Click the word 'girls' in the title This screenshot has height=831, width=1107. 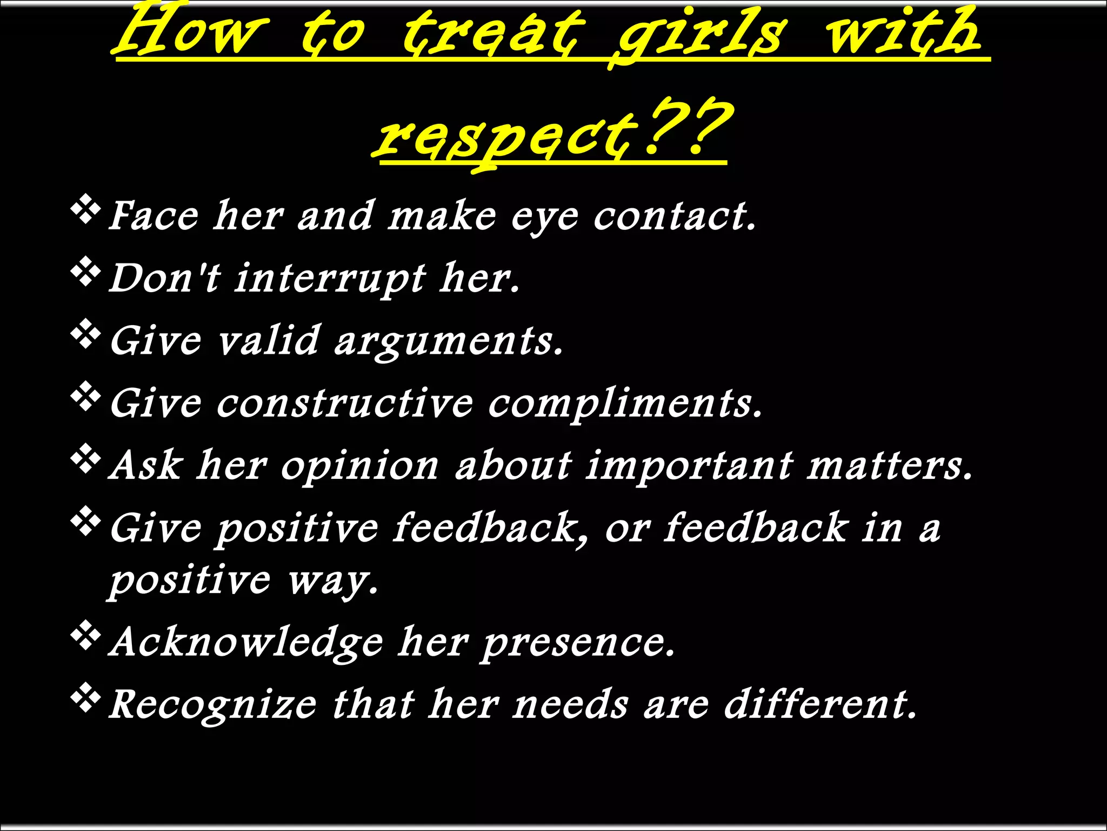(700, 34)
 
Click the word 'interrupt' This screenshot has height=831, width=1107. (330, 279)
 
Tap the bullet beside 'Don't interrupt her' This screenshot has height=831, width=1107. (85, 274)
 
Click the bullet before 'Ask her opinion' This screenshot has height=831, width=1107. (85, 461)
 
